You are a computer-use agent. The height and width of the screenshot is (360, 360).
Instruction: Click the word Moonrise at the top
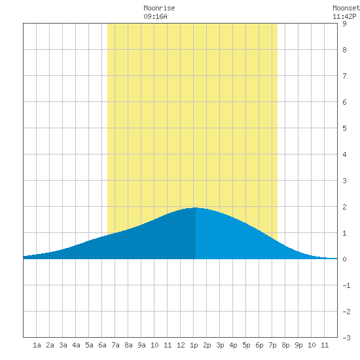click(159, 8)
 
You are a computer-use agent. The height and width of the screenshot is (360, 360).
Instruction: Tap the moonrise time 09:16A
click(155, 16)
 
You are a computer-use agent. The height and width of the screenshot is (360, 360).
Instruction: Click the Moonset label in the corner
click(346, 8)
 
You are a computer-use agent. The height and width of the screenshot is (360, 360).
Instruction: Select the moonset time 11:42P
click(344, 16)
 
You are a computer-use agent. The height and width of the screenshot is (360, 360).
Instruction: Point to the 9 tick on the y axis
click(344, 24)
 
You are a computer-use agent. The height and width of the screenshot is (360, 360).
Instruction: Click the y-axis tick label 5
click(344, 128)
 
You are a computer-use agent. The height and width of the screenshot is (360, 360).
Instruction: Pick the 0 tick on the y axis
click(344, 259)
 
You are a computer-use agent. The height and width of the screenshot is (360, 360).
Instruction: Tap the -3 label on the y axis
click(346, 338)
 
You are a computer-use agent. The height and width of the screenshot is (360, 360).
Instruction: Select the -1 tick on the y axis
click(346, 285)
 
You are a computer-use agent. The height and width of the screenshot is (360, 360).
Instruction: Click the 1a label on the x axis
click(37, 345)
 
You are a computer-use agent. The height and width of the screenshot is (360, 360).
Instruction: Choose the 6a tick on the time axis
click(102, 345)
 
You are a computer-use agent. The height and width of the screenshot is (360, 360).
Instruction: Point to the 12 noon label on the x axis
click(181, 345)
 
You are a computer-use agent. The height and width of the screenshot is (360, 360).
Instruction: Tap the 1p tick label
click(194, 345)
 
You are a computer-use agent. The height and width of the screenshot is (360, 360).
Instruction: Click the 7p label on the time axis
click(272, 345)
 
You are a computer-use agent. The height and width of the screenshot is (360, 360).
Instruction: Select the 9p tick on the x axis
click(298, 345)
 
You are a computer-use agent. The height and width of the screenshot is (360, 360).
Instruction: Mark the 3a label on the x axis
click(63, 345)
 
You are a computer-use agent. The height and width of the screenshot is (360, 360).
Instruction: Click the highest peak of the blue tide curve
click(195, 207)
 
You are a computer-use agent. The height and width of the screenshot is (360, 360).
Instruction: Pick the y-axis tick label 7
click(344, 76)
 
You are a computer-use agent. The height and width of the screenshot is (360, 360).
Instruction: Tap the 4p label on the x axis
click(233, 345)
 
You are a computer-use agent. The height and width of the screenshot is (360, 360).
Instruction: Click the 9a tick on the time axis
click(141, 345)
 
